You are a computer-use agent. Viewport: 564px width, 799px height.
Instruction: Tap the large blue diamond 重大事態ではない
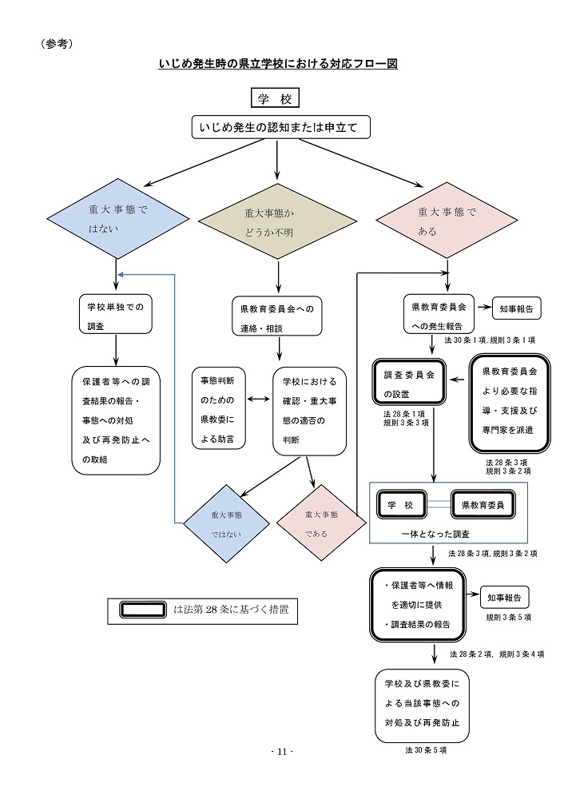pyautogui.click(x=117, y=218)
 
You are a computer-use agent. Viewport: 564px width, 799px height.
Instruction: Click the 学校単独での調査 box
pyautogui.click(x=117, y=314)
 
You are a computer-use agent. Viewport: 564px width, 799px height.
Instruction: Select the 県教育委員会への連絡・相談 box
pyautogui.click(x=276, y=317)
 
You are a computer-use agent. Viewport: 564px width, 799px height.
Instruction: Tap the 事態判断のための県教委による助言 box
pyautogui.click(x=218, y=407)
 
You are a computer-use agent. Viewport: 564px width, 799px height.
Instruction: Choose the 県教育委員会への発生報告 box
pyautogui.click(x=439, y=315)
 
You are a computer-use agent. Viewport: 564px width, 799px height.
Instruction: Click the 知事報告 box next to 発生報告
pyautogui.click(x=518, y=308)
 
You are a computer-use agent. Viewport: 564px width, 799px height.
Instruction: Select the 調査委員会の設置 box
pyautogui.click(x=409, y=384)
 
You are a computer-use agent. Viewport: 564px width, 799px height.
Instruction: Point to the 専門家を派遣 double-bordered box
pyautogui.click(x=510, y=407)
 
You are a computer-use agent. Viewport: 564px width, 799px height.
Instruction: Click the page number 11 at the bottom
pyautogui.click(x=282, y=752)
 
